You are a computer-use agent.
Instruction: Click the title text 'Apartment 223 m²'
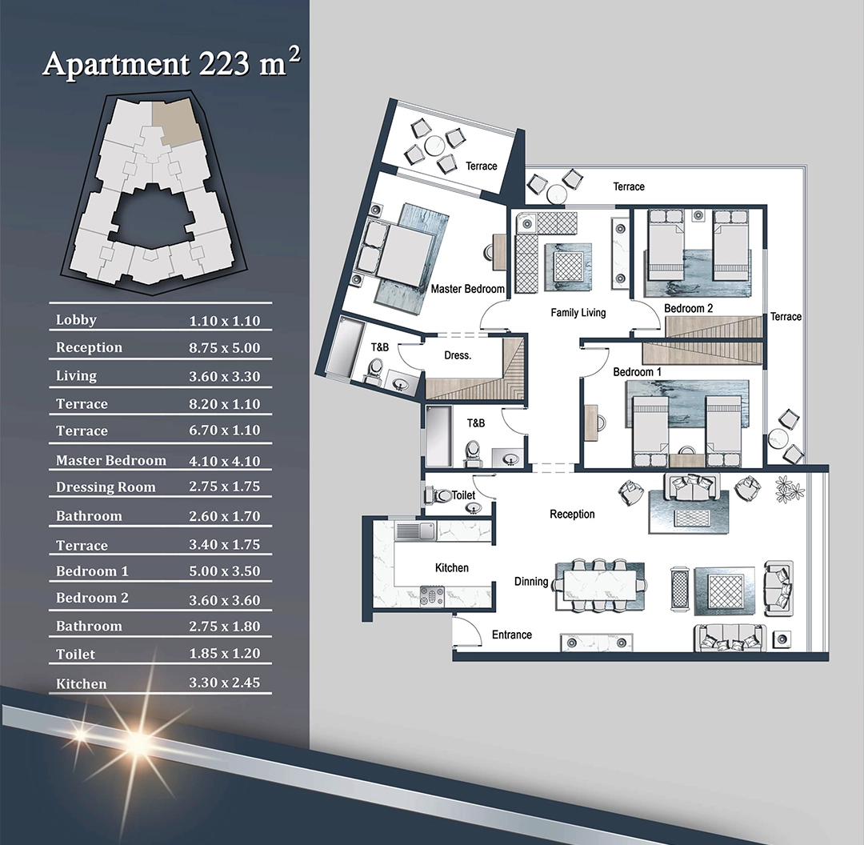(x=172, y=62)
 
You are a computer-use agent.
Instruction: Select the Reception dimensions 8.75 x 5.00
(x=224, y=348)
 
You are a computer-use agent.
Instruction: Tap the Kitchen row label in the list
(x=81, y=683)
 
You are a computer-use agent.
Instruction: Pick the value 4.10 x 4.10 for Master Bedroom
(x=224, y=461)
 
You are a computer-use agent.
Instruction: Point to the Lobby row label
(x=76, y=320)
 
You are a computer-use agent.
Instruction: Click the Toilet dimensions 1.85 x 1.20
(x=224, y=653)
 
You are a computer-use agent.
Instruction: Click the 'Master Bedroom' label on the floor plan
(x=467, y=289)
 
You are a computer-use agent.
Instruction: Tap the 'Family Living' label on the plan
(x=578, y=313)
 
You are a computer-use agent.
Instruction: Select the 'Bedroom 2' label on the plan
(x=688, y=308)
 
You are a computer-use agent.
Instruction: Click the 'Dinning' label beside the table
(x=531, y=582)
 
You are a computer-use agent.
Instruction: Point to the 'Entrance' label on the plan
(x=512, y=635)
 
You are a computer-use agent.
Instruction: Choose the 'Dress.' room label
(x=458, y=355)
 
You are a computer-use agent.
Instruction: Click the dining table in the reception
(x=599, y=586)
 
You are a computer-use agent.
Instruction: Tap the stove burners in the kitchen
(x=431, y=596)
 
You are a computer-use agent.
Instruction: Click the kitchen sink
(x=426, y=531)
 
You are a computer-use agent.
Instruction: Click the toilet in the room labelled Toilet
(x=438, y=495)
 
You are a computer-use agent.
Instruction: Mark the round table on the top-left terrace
(x=434, y=146)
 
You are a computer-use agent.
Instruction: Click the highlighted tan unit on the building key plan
(x=176, y=120)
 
